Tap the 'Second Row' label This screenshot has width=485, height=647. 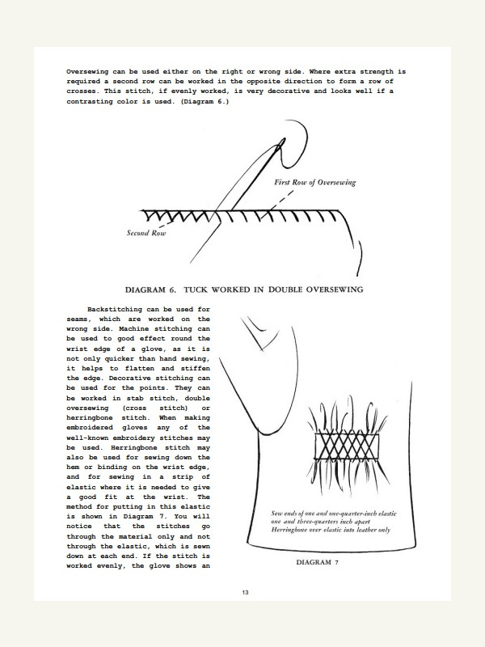tap(146, 234)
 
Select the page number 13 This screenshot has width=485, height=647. tap(244, 594)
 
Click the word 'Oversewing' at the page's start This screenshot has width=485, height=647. tap(93, 73)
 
